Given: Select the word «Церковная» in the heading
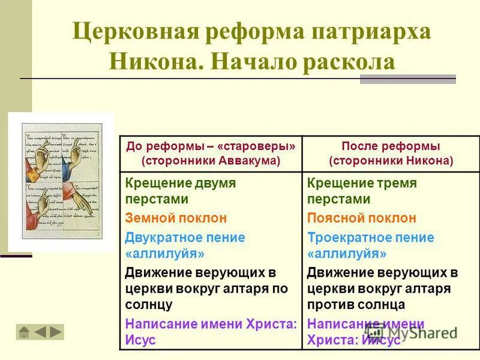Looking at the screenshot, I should pos(135,31).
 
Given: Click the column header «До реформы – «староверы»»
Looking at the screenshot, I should pos(211,146).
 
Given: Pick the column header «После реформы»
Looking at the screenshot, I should pos(391,146).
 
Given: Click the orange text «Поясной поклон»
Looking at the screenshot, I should pos(361,218).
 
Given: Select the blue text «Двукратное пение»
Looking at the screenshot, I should pos(185,237).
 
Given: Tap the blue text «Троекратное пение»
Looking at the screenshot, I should pos(370,237).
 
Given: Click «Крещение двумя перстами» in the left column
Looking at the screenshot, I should pos(180,191).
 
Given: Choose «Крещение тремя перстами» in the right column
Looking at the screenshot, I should pos(362,191).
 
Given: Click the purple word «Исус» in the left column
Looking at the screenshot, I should pos(140,340).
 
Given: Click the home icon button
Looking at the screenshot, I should pos(24,332).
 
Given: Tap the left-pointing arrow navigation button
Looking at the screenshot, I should pos(40,332).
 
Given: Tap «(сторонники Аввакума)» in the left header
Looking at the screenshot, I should pos(211,161).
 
